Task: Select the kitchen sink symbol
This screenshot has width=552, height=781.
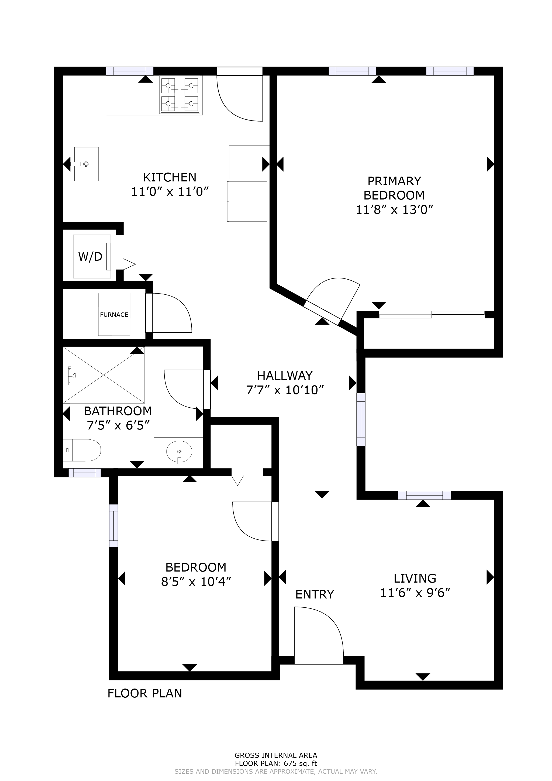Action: point(86,164)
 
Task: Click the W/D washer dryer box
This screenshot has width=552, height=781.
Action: point(91,256)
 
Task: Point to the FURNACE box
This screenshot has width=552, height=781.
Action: point(114,314)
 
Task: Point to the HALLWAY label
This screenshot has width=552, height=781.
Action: point(284,376)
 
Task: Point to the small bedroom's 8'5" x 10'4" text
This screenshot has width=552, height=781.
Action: point(196,582)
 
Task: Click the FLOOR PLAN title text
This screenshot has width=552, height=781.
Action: point(144,693)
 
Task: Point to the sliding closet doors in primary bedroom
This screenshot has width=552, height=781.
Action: point(431,314)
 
